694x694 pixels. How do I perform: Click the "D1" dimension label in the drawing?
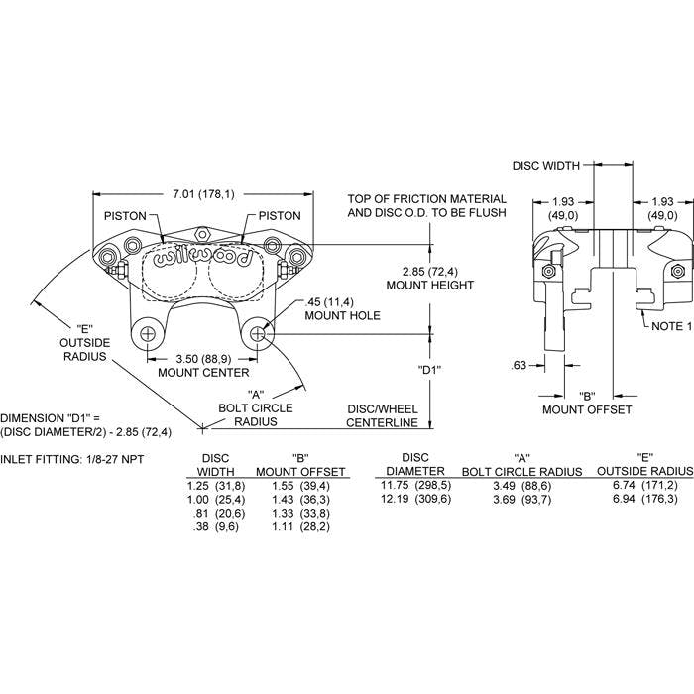(429, 370)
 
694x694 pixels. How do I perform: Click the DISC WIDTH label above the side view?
(545, 166)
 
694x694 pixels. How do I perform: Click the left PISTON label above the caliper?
(125, 215)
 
